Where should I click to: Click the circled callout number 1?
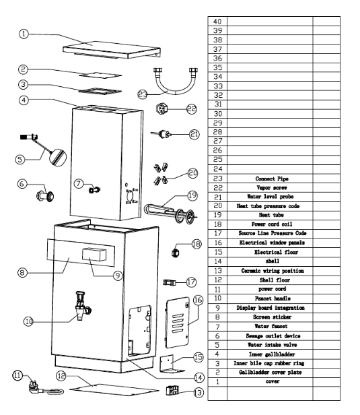pos(24,34)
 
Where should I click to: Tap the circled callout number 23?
pos(143,94)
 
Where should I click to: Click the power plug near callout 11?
pos(34,387)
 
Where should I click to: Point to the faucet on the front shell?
pos(82,306)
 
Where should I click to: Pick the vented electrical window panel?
pos(178,323)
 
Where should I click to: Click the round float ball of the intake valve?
pos(58,157)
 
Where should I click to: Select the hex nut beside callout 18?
pos(176,253)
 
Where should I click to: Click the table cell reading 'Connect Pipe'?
pos(272,179)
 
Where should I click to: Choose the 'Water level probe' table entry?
pos(270,197)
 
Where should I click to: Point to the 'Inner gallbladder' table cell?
pos(272,354)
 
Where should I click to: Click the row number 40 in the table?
pos(217,21)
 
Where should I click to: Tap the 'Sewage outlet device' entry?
pos(273,336)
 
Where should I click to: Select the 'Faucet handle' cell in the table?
pos(273,298)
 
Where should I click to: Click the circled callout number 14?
pos(199,378)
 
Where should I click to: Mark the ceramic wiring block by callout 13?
pos(172,391)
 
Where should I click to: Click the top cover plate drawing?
pos(112,49)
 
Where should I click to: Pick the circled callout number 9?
pos(118,276)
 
